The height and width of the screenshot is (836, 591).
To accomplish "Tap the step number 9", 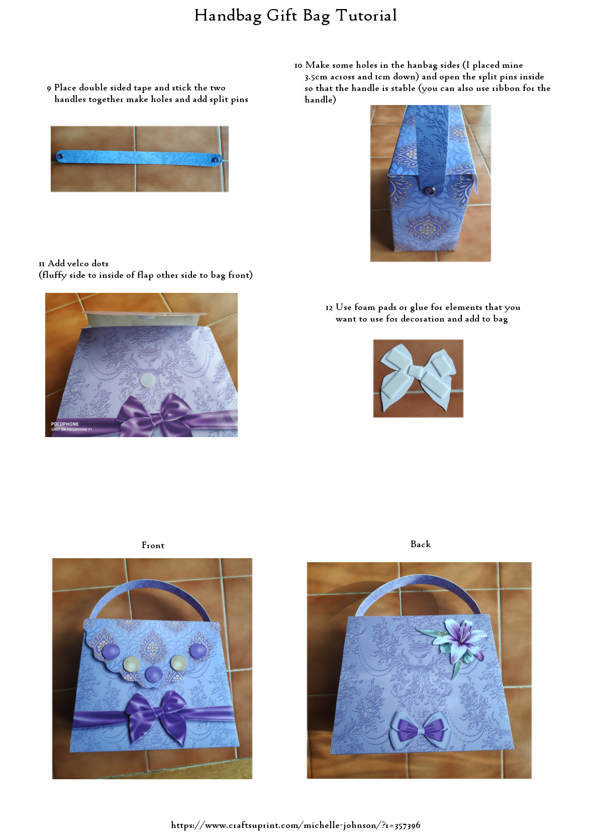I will [49, 88].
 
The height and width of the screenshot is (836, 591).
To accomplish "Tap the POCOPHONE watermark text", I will [65, 424].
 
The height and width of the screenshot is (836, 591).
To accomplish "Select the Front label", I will [153, 545].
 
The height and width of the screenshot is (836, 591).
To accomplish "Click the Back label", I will [420, 544].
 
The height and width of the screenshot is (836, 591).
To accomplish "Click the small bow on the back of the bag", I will [418, 728].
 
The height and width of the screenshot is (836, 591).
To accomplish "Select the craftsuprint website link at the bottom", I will [295, 825].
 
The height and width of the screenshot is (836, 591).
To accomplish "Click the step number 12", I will [329, 307].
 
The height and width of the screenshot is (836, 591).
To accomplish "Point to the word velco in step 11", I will [78, 263].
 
